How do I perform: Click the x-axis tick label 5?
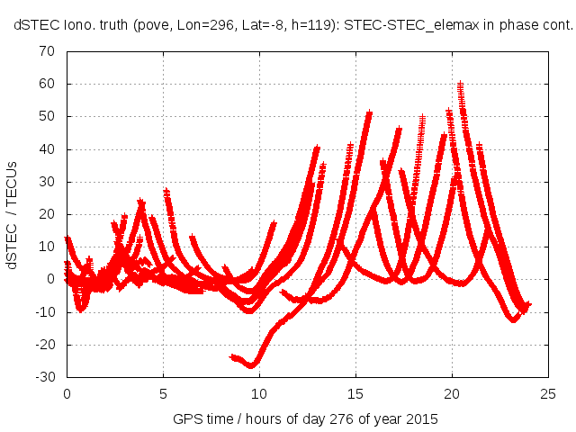coord(163,393)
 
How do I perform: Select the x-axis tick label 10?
coord(259,393)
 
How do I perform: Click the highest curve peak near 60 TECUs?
coord(460,85)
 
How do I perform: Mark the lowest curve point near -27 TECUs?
coord(253,365)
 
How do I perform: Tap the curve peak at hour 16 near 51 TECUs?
coord(369,113)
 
